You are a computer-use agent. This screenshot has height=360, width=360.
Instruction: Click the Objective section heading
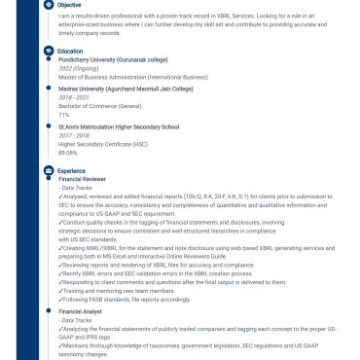[x=69, y=5]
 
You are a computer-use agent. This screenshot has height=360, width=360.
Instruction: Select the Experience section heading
[x=71, y=171]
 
